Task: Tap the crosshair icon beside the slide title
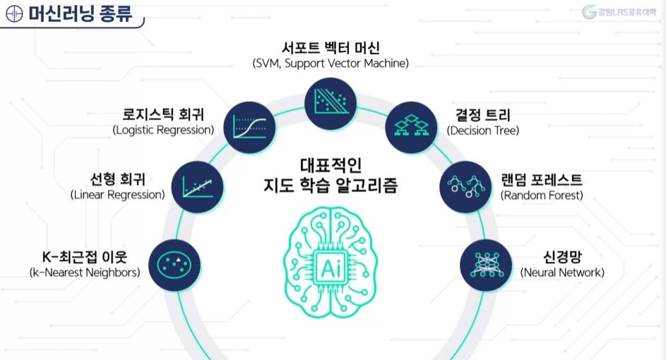[13, 13]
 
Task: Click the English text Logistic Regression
[163, 131]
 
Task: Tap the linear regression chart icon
[198, 186]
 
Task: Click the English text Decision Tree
[483, 131]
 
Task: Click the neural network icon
[486, 264]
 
